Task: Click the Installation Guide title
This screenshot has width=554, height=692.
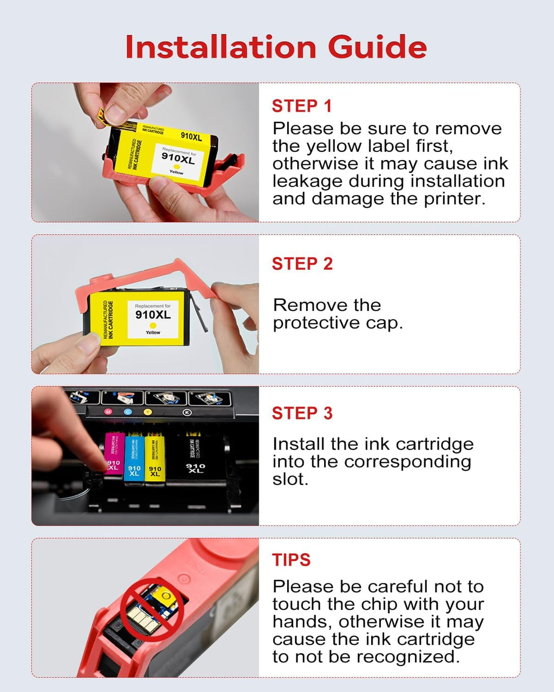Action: pos(276,47)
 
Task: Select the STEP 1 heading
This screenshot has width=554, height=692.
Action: pos(301,106)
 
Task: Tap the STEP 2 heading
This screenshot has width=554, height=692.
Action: pos(302,264)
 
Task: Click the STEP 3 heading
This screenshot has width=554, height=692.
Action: pos(302,414)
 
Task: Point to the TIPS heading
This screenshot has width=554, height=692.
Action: pos(291,560)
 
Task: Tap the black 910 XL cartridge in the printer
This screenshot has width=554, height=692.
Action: pos(196,460)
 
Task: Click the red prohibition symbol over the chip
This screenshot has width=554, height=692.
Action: pos(151,609)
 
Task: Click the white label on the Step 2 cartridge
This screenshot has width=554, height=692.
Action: pos(153,319)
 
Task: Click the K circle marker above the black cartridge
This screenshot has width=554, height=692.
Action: pos(187,412)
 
